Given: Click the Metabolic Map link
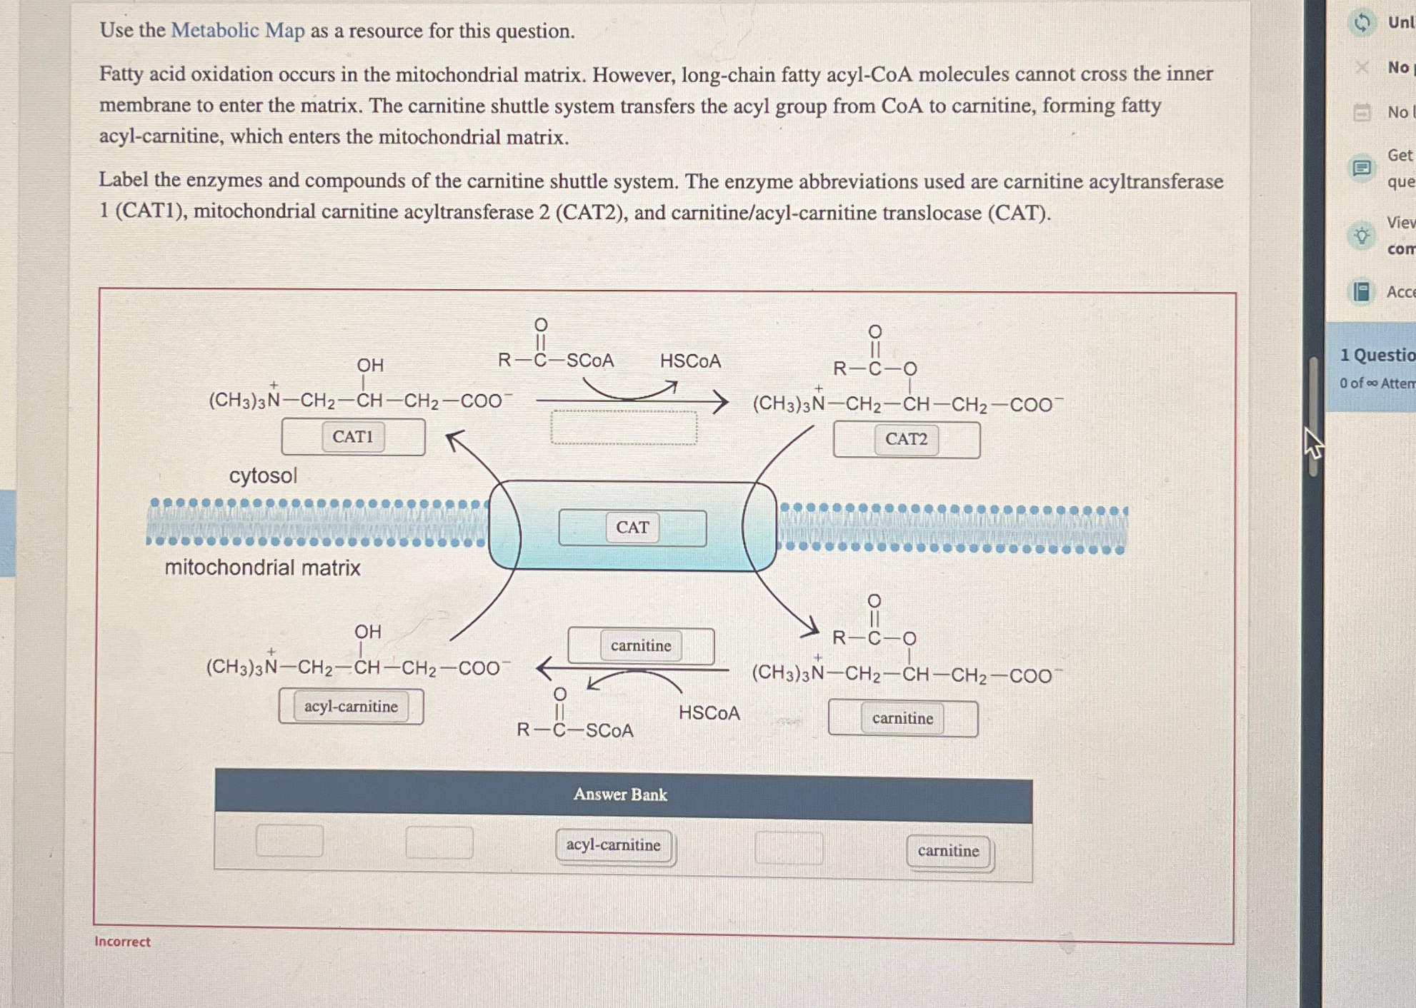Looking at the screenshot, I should pos(237,30).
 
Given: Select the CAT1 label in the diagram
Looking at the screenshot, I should pos(353,437).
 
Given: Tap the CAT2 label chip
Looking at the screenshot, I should pos(906,439).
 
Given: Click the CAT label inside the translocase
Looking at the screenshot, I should pos(632,528).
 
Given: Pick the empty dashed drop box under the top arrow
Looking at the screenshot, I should pos(624,428).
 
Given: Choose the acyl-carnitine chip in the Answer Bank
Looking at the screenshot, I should pos(614,845).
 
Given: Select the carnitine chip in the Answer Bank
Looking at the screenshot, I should pos(948,851).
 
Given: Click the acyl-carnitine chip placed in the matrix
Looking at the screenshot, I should pos(351,707).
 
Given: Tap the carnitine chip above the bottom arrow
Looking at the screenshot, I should pos(641,646).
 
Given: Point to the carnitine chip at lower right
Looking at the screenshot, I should pos(902,718).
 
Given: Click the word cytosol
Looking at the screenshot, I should pos(263,475).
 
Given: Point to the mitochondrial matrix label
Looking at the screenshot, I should pos(262,568).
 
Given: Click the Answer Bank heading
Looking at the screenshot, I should pos(620,795).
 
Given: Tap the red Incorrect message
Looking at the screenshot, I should pos(122,942).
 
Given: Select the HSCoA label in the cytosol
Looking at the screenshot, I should pos(690,361).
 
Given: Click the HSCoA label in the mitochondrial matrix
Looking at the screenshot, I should pos(709,713).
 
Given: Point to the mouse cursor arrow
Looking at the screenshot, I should pos(1312,443).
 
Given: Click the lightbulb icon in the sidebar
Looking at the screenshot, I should pos(1362,235).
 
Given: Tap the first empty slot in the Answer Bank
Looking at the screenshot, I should pos(289,840).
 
